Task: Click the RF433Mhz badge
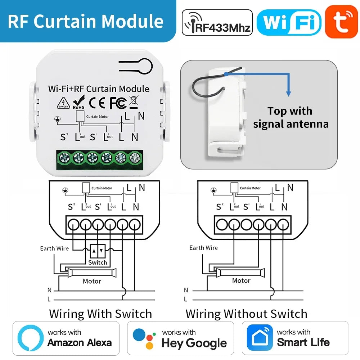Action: point(217,23)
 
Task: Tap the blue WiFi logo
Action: point(289,22)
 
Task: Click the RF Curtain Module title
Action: point(86,21)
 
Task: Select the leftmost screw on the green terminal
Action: point(65,157)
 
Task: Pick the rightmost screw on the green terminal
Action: point(135,157)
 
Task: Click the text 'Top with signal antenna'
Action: point(291,118)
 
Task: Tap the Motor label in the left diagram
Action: point(92,281)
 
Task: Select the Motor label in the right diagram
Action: point(241,280)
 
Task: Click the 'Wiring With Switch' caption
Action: point(100,314)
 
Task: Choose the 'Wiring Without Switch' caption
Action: point(247,314)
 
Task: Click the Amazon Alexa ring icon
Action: point(30,338)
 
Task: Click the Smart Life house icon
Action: point(259,338)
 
